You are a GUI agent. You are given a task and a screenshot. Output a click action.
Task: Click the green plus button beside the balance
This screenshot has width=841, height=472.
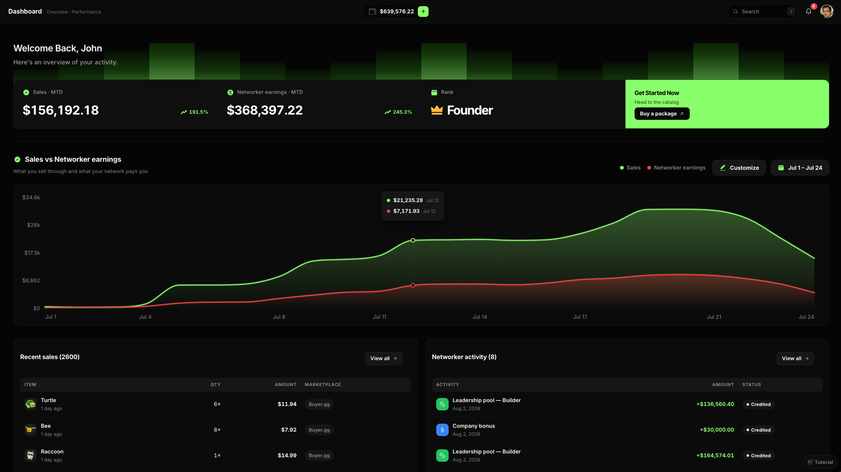(x=423, y=11)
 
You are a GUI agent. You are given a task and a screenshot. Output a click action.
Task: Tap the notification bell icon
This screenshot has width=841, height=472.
(x=809, y=11)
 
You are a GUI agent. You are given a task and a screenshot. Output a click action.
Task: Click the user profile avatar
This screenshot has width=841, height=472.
(x=827, y=11)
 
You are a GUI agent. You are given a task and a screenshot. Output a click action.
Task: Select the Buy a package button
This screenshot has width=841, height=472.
(x=662, y=114)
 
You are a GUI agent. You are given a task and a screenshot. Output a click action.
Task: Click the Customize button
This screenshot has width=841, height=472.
(x=739, y=168)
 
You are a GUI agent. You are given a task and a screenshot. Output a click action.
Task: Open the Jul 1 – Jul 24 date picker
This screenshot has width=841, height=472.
(x=800, y=168)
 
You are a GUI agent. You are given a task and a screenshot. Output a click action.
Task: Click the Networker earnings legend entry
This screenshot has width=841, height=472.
(x=676, y=168)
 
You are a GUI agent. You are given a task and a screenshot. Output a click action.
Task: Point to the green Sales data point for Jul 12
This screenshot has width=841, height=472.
(x=413, y=241)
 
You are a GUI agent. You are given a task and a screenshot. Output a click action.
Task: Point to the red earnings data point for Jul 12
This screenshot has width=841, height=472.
(x=413, y=286)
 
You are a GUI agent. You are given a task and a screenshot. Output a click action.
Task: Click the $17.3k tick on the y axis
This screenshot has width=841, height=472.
(x=32, y=253)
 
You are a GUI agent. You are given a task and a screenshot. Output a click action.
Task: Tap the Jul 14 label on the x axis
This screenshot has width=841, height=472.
(x=480, y=317)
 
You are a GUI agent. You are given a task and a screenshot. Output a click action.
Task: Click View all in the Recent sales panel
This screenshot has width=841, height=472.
(x=383, y=358)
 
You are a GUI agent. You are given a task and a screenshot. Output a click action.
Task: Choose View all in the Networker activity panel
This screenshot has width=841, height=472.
(x=795, y=358)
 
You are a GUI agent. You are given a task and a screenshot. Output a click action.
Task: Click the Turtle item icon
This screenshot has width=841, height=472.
(x=30, y=404)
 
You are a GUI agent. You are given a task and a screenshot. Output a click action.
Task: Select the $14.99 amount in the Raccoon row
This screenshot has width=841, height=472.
(x=287, y=456)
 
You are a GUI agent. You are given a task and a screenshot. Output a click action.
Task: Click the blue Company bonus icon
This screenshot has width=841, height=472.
(x=442, y=430)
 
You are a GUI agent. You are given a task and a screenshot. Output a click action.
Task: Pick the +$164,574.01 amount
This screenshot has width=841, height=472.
(x=715, y=456)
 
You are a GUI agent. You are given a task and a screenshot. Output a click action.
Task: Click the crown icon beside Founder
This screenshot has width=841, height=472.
(x=437, y=110)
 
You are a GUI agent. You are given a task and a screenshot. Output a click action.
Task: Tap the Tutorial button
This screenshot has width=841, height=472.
(x=820, y=462)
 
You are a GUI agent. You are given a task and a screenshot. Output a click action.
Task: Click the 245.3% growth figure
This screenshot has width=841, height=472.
(x=402, y=112)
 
